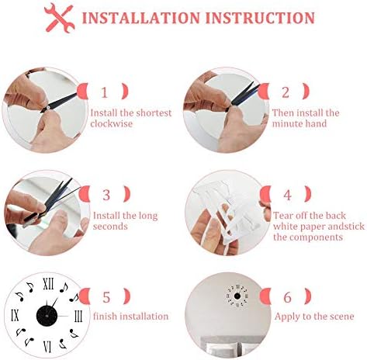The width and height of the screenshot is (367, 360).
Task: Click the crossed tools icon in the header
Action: (60, 18)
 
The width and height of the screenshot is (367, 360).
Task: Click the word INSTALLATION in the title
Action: (141, 18)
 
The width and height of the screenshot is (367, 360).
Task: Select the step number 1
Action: (104, 92)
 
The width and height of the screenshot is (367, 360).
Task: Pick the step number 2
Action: (286, 92)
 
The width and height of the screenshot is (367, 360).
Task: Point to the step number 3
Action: (106, 195)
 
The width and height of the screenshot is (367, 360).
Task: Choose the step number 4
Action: (288, 195)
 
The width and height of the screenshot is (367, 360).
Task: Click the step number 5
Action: (106, 297)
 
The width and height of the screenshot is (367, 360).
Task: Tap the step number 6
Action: (288, 297)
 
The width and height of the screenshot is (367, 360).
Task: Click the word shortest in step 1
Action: (154, 113)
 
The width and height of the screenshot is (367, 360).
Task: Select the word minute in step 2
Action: (286, 123)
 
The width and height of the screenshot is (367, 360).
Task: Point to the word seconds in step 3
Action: (110, 227)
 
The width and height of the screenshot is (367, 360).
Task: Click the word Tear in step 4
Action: (282, 216)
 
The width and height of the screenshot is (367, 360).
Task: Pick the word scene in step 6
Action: (341, 317)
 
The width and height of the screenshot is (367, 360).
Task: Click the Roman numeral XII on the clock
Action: (48, 284)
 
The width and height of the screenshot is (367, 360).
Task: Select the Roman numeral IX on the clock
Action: (16, 316)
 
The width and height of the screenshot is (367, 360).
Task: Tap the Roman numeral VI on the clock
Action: (47, 347)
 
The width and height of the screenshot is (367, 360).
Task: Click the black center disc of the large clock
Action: (47, 316)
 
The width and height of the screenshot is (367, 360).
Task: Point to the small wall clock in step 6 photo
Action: (237, 296)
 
